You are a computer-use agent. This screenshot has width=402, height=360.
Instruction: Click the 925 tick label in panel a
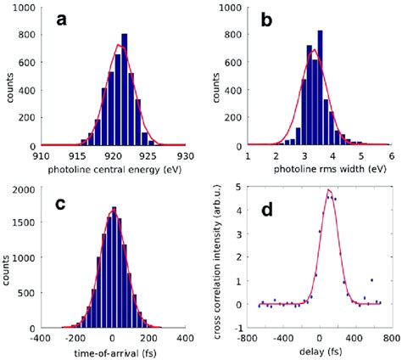tap(149, 155)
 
